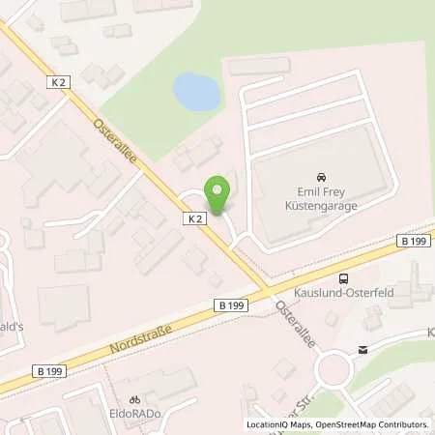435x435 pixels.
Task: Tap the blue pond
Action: pyautogui.click(x=195, y=92)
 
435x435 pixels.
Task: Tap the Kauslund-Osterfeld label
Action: pyautogui.click(x=332, y=289)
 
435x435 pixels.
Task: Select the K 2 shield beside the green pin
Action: pyautogui.click(x=195, y=219)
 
